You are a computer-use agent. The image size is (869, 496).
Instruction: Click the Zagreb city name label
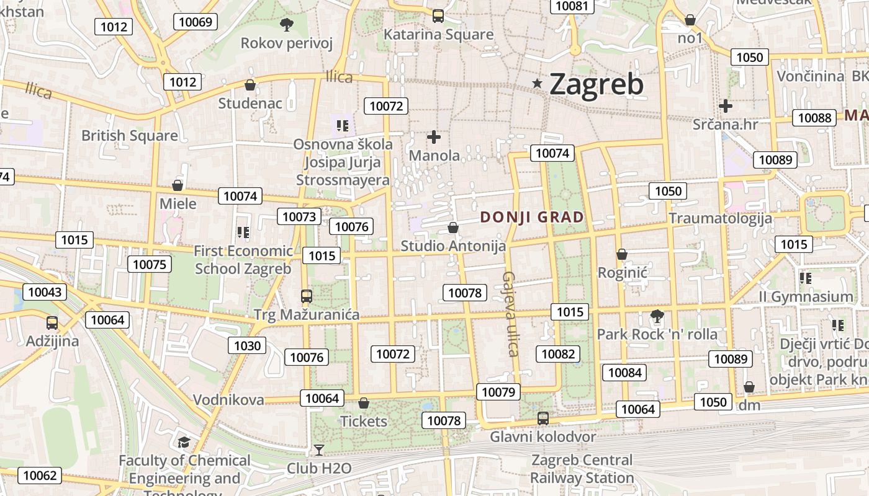(x=597, y=84)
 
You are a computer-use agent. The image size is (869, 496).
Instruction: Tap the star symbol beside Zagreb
(x=538, y=84)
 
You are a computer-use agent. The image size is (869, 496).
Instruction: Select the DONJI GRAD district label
(x=532, y=217)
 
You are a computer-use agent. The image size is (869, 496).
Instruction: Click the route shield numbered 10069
(x=195, y=22)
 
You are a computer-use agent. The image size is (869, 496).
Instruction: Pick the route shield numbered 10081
(x=572, y=6)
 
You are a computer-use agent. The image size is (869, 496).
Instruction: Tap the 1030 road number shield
(x=246, y=345)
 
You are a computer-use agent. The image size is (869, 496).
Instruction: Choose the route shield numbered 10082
(x=558, y=354)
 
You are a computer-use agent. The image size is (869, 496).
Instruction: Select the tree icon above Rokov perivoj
(x=286, y=25)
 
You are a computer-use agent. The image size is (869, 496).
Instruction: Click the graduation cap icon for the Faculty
(x=184, y=442)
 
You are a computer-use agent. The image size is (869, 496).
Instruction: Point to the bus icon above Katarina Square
(x=438, y=16)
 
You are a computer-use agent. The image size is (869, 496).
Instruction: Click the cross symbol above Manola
(x=434, y=137)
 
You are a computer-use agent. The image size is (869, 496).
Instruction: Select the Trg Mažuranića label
(x=306, y=315)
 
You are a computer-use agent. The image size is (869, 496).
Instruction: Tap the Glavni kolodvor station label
(x=543, y=437)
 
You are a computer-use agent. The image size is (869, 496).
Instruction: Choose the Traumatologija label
(x=720, y=218)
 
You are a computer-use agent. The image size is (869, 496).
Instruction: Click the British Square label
(x=129, y=135)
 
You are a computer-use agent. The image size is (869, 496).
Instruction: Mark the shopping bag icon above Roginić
(x=622, y=254)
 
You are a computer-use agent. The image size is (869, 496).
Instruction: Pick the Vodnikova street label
(x=228, y=400)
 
